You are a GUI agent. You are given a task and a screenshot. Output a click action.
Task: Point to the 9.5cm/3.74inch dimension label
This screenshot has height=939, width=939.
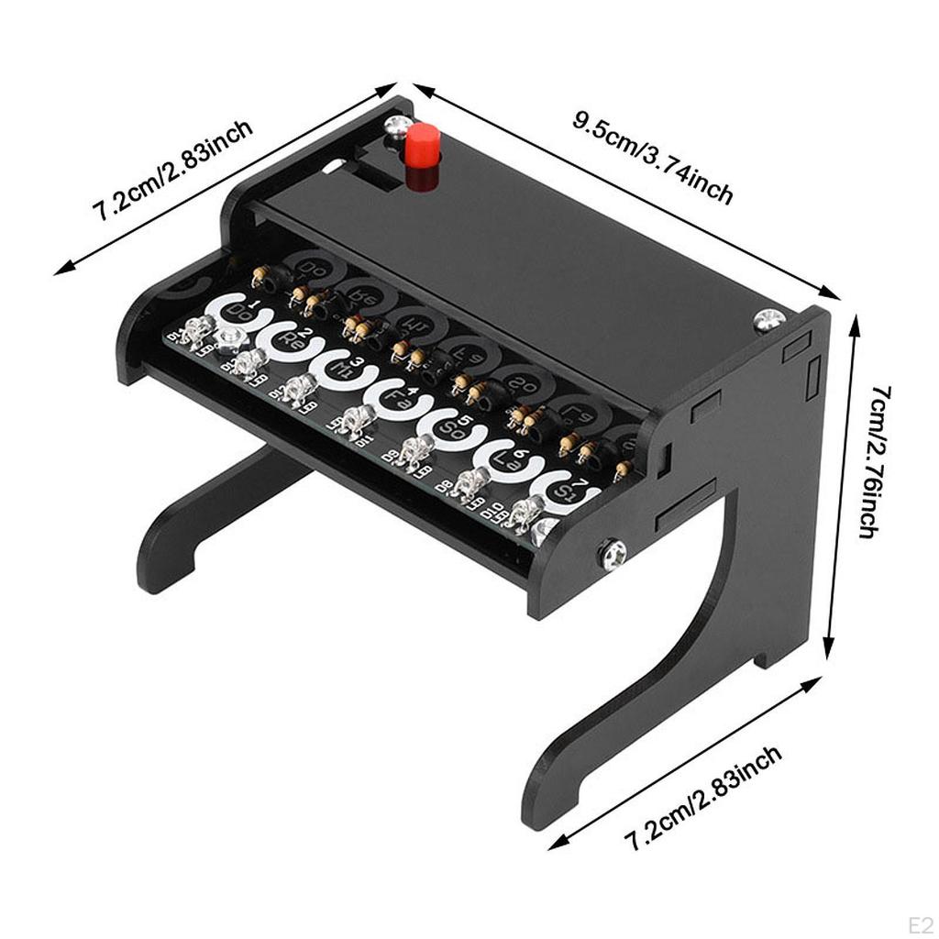click(653, 158)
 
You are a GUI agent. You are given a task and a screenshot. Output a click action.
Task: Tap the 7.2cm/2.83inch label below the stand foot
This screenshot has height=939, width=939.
click(703, 799)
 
